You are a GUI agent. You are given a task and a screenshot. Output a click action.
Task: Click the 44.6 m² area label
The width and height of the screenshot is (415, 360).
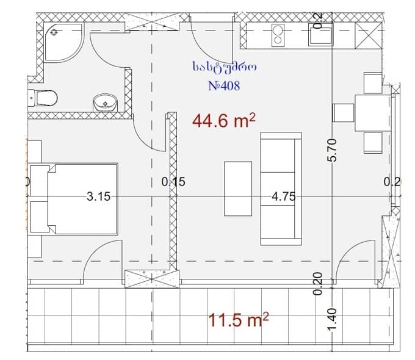[x=223, y=121]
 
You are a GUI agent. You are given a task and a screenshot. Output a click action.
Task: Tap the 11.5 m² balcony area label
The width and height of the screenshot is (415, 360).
[x=239, y=319]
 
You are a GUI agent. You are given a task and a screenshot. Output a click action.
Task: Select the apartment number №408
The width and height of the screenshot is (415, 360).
[x=224, y=86]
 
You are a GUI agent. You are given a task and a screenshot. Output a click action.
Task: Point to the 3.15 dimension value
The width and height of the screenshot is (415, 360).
[x=98, y=196]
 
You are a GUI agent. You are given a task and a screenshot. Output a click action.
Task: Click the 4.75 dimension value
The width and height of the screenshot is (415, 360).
[x=284, y=196]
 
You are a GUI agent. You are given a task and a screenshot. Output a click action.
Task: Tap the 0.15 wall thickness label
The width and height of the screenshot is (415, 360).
[x=173, y=181]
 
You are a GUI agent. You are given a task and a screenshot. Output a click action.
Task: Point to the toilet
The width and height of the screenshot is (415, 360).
[x=44, y=97]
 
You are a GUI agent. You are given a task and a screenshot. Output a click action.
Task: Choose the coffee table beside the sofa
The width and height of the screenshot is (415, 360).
[x=237, y=188]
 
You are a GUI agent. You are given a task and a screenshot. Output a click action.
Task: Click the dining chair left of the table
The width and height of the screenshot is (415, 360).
[x=343, y=113]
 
